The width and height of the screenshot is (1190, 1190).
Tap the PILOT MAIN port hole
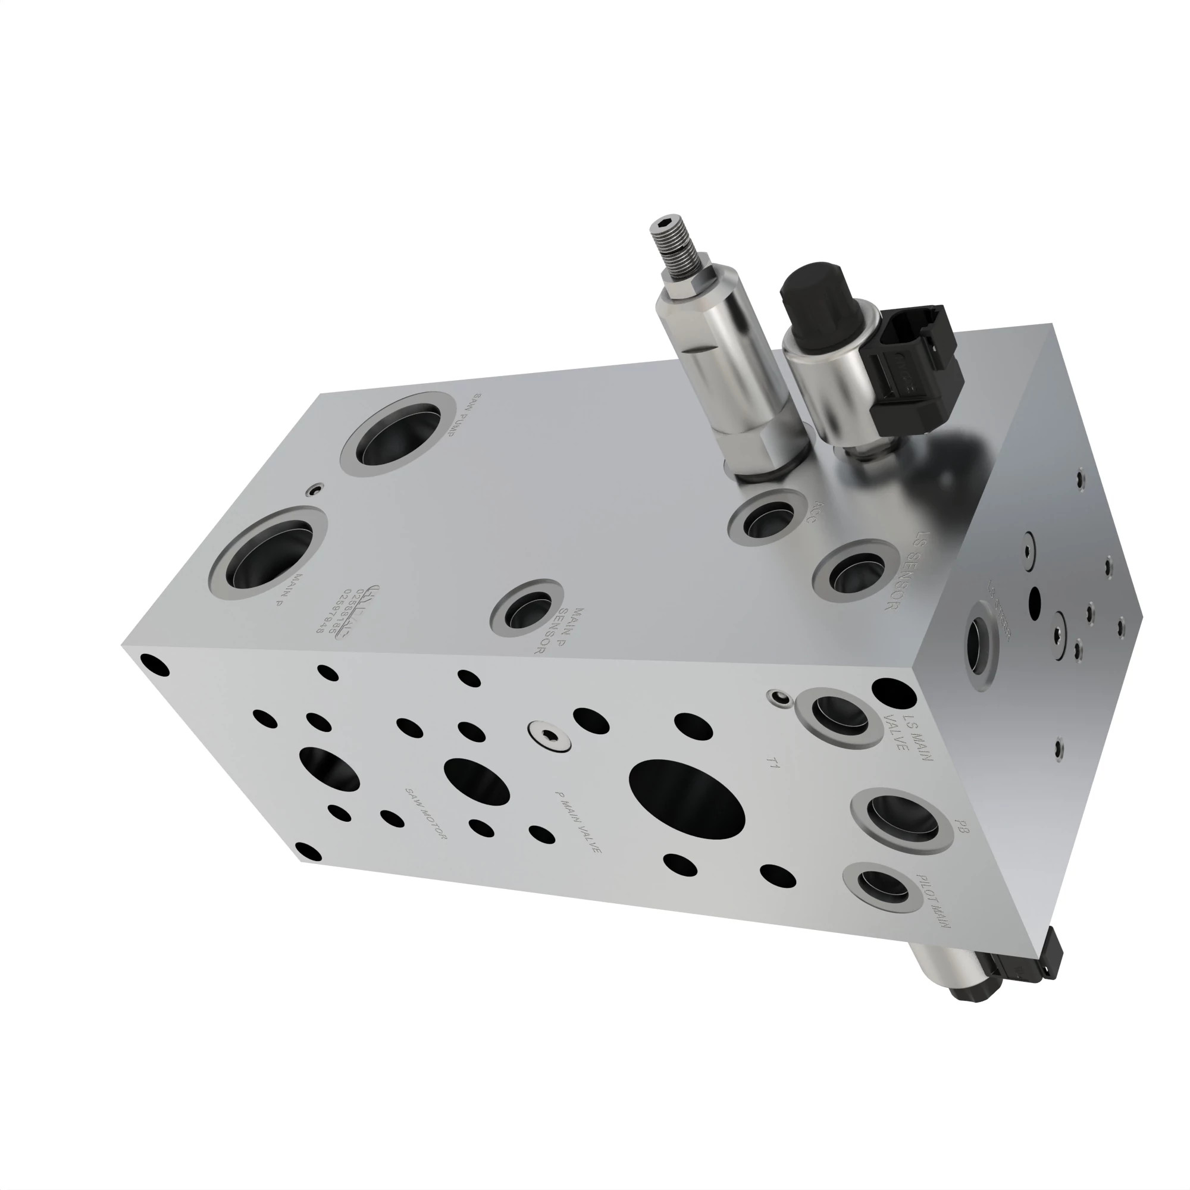point(882,889)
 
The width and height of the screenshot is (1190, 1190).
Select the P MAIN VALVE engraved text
point(577,822)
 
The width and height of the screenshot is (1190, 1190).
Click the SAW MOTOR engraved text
point(425,813)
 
